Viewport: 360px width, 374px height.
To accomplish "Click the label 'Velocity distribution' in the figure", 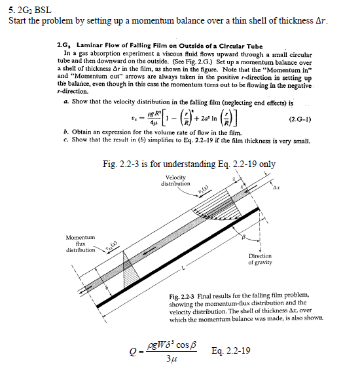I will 175,180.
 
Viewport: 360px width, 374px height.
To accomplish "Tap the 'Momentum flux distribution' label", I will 81,243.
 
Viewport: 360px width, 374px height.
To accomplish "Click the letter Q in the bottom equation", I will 134,351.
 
